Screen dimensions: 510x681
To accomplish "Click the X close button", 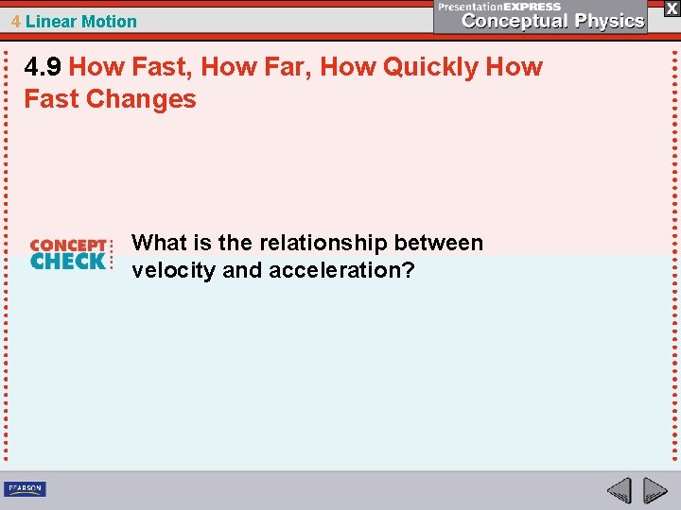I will pyautogui.click(x=671, y=8).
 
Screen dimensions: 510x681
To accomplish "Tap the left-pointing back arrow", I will pyautogui.click(x=619, y=490).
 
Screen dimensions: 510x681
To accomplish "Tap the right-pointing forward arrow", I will pyautogui.click(x=655, y=490).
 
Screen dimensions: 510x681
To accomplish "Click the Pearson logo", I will pyautogui.click(x=25, y=488).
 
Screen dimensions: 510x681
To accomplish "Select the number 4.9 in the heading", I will pyautogui.click(x=43, y=67).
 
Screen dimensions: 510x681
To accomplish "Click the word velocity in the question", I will pyautogui.click(x=173, y=270).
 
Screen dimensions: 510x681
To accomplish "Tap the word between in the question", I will pyautogui.click(x=438, y=243).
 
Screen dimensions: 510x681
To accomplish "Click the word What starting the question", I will pyautogui.click(x=157, y=243).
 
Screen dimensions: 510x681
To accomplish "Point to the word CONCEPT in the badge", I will pyautogui.click(x=67, y=245).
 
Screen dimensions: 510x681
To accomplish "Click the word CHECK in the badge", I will pyautogui.click(x=67, y=261).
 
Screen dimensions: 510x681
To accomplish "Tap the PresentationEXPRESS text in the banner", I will pyautogui.click(x=499, y=6).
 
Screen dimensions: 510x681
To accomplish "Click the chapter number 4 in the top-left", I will pyautogui.click(x=15, y=21).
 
